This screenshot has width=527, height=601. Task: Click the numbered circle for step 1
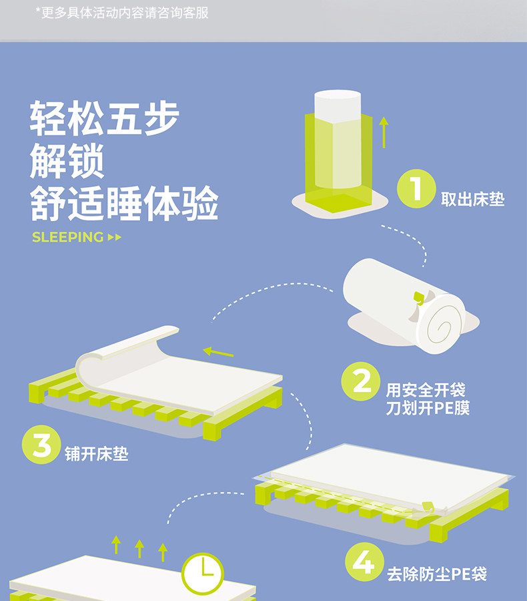point(416,188)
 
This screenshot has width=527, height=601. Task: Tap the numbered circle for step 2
point(361,381)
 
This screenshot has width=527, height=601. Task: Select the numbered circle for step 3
point(41,445)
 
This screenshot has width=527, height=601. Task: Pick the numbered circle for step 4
point(364,562)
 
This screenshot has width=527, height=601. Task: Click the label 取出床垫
point(472,199)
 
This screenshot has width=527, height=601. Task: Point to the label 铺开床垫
point(97,454)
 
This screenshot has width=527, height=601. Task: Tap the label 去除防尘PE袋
point(437,574)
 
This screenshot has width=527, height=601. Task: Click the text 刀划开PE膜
point(428,408)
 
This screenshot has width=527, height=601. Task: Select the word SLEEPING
point(68,237)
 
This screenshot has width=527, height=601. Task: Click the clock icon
point(202,574)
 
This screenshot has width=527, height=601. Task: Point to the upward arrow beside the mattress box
point(384,132)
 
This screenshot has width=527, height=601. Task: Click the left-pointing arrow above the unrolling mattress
point(218,351)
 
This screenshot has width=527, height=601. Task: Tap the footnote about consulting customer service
point(122,13)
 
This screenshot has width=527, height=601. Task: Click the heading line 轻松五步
point(105,118)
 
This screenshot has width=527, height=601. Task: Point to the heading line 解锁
point(67,161)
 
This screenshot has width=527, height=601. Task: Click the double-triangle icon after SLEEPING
point(115,237)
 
